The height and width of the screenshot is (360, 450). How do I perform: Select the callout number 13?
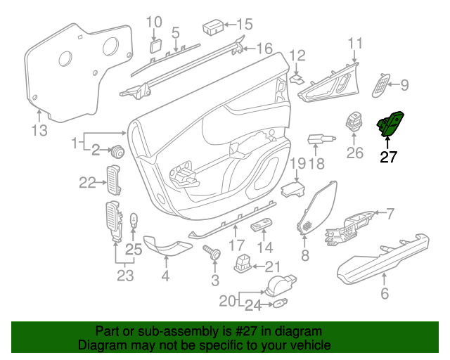(x=39, y=130)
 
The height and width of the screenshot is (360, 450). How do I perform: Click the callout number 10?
(x=154, y=22)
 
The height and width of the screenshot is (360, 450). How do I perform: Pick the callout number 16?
(x=263, y=49)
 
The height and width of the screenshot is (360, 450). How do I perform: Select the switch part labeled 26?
(x=354, y=122)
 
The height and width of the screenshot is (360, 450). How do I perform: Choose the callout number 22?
(x=86, y=183)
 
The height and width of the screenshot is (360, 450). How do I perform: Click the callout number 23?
(x=124, y=275)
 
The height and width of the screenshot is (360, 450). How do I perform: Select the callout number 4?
(x=165, y=276)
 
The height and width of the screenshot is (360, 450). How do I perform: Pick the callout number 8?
(x=305, y=255)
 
